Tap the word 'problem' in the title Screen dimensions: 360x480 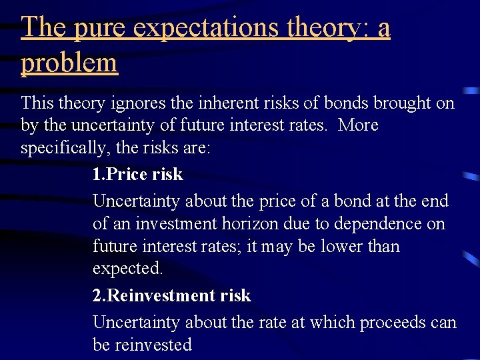(x=69, y=63)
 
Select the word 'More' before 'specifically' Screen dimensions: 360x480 (x=358, y=125)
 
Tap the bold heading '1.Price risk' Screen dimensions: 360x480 (x=137, y=175)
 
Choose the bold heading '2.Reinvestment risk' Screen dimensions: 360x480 (x=171, y=295)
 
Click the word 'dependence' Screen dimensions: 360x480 (x=373, y=223)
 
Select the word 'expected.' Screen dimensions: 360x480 (x=127, y=269)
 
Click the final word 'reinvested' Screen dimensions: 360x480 (x=154, y=345)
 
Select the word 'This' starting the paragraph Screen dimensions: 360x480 (x=37, y=103)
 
